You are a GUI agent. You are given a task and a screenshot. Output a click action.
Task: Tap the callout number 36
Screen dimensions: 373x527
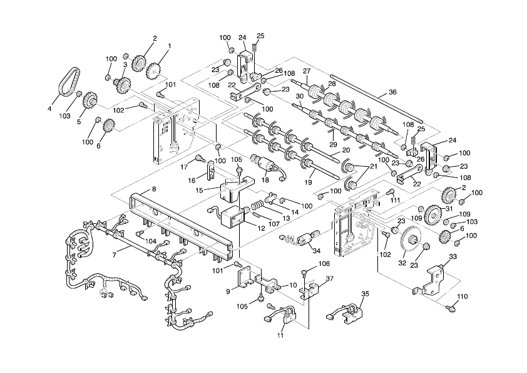(x=392, y=92)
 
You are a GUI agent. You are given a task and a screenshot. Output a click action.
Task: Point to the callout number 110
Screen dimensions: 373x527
(x=463, y=297)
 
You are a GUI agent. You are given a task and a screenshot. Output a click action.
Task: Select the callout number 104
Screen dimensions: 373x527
(x=150, y=241)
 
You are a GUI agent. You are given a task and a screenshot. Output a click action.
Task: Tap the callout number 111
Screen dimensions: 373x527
(x=395, y=200)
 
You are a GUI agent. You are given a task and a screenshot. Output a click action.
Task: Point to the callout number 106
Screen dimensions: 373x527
(x=324, y=263)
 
